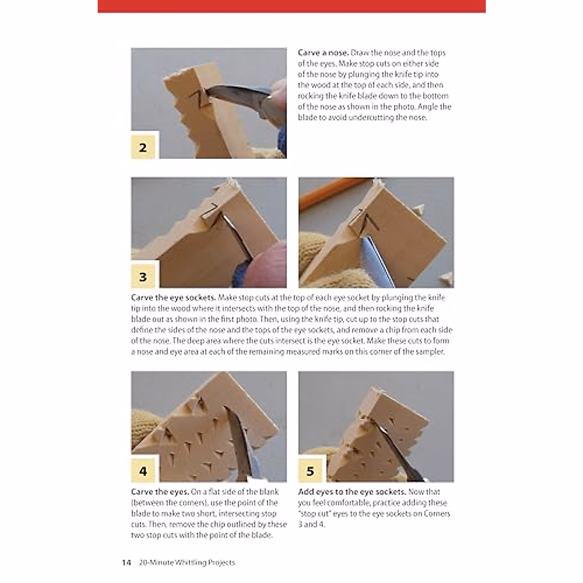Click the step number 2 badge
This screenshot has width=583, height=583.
click(143, 147)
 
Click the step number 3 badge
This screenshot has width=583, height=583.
click(143, 277)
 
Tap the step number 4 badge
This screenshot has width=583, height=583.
click(143, 471)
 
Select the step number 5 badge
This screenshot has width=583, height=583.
click(310, 471)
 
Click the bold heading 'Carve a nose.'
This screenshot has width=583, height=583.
click(323, 53)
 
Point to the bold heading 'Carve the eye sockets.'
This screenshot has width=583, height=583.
click(173, 298)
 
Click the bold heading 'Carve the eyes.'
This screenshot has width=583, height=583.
click(160, 492)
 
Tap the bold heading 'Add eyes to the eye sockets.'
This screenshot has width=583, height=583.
click(352, 492)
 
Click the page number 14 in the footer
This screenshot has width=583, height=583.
click(126, 563)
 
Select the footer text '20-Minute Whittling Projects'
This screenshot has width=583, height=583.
click(187, 563)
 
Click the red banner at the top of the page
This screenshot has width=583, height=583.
click(291, 6)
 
